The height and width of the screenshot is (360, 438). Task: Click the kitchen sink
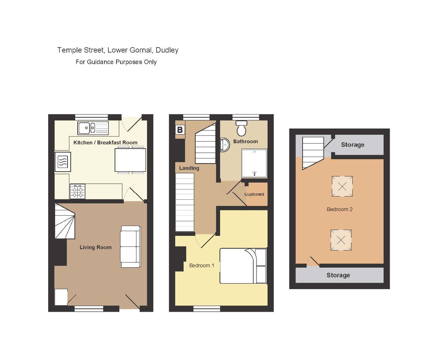point(93,128)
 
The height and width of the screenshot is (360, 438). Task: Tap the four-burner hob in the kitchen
point(77,191)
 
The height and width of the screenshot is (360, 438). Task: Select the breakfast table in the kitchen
point(130,160)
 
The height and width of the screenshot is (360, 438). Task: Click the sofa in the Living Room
point(131,246)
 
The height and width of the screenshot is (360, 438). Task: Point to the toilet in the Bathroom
point(241,128)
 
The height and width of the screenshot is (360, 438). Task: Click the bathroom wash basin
point(225,145)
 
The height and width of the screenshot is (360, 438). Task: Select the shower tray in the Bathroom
point(254,163)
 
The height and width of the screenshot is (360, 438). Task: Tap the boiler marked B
point(180,130)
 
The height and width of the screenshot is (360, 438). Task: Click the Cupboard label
point(254,194)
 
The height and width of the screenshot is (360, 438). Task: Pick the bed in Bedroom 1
point(243,266)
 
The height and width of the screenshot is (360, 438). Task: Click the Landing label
point(189,168)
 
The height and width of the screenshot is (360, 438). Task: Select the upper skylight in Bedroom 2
point(342,186)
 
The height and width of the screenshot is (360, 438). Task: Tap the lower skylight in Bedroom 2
point(341,240)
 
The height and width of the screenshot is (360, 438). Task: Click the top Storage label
point(353,145)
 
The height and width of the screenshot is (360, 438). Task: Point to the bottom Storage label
point(338,275)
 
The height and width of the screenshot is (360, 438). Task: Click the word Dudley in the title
point(167,50)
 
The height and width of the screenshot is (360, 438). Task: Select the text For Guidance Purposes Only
point(116,62)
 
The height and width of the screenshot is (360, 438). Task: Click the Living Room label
point(96,247)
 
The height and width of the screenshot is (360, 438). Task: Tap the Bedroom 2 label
point(339,209)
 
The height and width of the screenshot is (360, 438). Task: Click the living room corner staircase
point(65,221)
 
